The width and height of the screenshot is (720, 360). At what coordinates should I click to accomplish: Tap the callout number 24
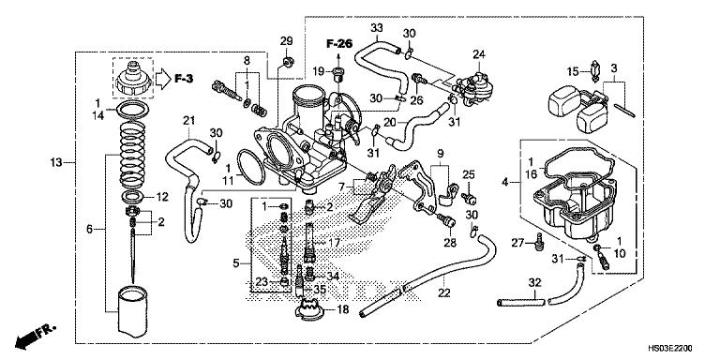[x=479, y=53]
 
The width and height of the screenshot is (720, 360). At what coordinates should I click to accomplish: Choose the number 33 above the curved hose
[x=377, y=28]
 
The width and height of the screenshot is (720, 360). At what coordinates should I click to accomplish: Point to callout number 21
[x=187, y=120]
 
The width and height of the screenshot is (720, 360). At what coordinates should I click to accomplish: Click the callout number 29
[x=287, y=39]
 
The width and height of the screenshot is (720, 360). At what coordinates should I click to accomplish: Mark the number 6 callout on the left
[x=90, y=229]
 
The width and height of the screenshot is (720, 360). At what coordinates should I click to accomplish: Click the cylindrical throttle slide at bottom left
[x=130, y=313]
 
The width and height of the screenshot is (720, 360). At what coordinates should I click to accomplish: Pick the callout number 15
[x=571, y=71]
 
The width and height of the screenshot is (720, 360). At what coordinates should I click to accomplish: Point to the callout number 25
[x=470, y=173]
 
